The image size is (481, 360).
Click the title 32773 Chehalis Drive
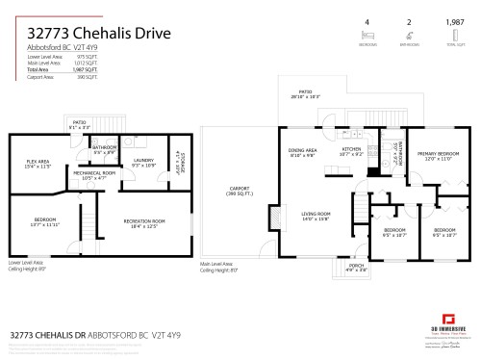92,34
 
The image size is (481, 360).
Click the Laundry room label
144,162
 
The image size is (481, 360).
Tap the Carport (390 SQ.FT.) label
239,192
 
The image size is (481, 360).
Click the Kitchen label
351,152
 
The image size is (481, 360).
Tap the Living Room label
316,217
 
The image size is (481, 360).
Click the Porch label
356,267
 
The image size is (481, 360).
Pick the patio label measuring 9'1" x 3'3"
80,124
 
